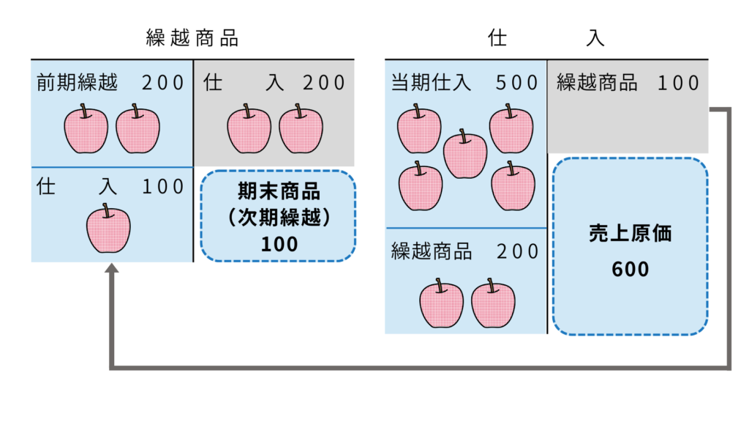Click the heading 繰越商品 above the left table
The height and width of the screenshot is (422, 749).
point(192,39)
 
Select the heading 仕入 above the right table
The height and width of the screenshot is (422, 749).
point(546,39)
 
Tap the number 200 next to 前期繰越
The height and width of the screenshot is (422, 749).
point(163,82)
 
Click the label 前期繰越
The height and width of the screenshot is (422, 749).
point(78,82)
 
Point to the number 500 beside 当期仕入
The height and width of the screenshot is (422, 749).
point(517,82)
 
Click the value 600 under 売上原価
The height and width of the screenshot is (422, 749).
point(630,270)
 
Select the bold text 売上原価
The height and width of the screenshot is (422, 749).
point(630,234)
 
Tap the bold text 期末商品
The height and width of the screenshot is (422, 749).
point(279,192)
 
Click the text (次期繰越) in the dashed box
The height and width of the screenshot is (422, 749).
point(279,218)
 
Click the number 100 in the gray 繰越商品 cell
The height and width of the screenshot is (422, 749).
point(678,82)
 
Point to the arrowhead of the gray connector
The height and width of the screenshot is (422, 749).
point(111,270)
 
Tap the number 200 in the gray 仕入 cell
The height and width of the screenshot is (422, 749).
point(324,82)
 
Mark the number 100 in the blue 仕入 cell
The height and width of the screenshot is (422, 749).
point(163,186)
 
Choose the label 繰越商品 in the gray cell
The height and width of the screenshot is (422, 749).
point(596,82)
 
